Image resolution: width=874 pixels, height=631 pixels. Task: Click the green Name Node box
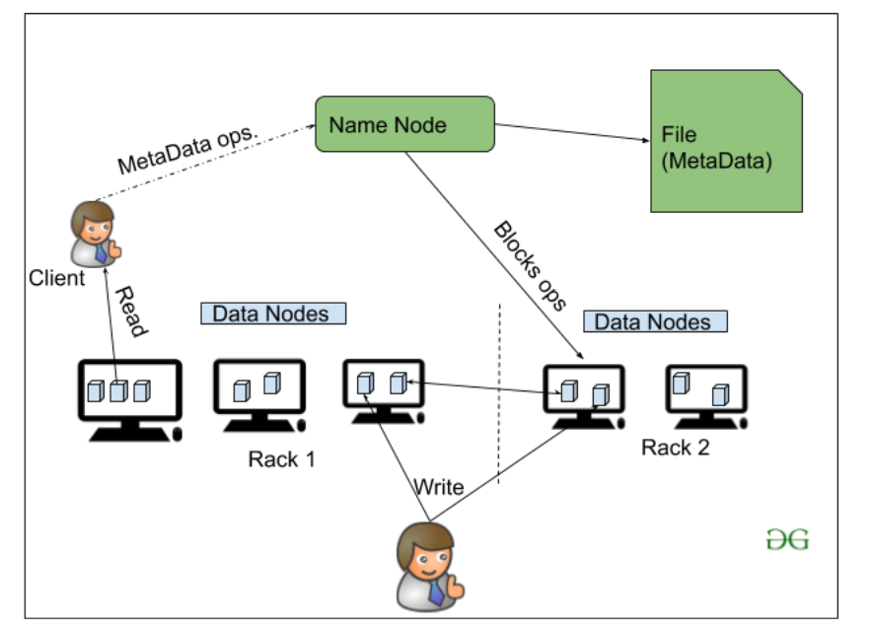pyautogui.click(x=404, y=124)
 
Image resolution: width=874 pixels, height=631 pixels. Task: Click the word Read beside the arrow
pyautogui.click(x=130, y=312)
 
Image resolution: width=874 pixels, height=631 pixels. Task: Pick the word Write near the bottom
pyautogui.click(x=439, y=486)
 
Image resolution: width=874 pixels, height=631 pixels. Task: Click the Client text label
pyautogui.click(x=56, y=278)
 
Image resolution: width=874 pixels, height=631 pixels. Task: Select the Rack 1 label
pyautogui.click(x=281, y=458)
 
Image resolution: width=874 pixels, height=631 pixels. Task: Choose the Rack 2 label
pyautogui.click(x=675, y=448)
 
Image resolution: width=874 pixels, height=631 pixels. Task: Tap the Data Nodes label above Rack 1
pyautogui.click(x=272, y=314)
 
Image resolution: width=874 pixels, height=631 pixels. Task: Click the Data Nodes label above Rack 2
pyautogui.click(x=654, y=321)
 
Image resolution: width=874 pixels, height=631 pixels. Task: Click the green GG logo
pyautogui.click(x=787, y=539)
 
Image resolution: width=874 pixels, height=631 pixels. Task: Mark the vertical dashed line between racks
pyautogui.click(x=499, y=394)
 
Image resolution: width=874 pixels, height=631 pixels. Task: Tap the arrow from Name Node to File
pyautogui.click(x=566, y=132)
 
